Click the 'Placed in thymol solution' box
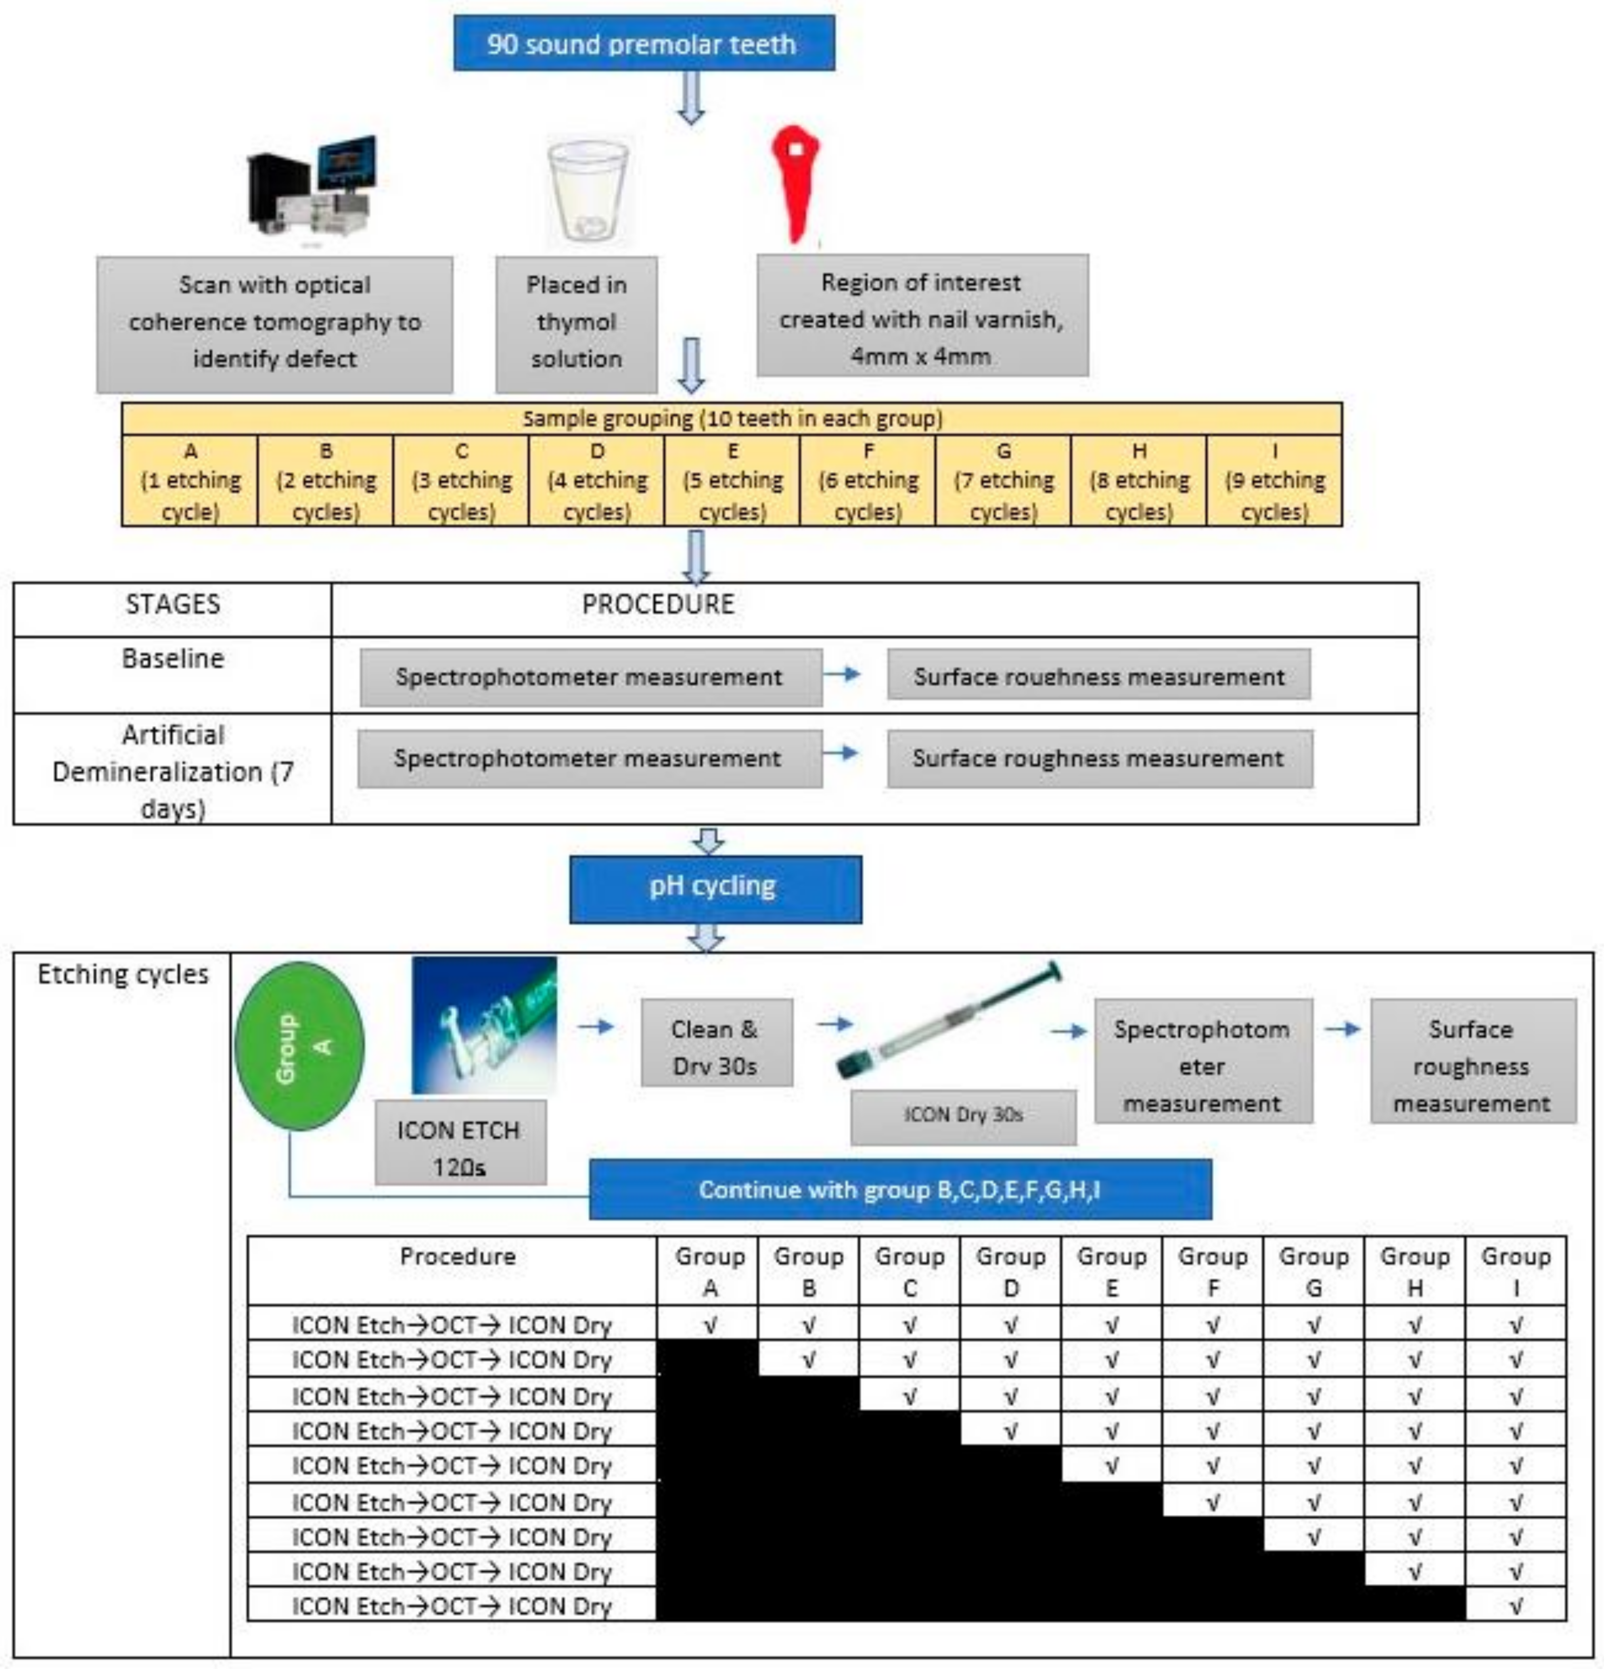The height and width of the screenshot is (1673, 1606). tap(576, 323)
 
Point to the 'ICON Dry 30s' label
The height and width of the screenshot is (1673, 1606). tap(963, 1115)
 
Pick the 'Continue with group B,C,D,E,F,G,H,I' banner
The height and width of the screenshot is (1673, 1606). tap(900, 1189)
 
